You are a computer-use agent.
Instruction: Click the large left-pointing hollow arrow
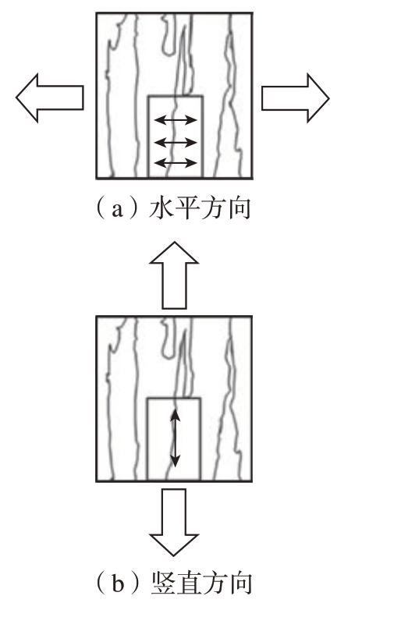[49, 98]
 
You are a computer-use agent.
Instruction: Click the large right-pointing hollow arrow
[295, 98]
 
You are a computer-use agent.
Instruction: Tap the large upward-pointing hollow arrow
[174, 275]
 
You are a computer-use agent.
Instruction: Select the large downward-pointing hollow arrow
[174, 522]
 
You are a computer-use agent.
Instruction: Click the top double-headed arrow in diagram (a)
[175, 119]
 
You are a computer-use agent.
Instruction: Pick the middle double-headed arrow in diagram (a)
[175, 142]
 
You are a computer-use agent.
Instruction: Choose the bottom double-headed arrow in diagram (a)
[175, 162]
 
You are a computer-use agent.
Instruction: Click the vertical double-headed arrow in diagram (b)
[175, 438]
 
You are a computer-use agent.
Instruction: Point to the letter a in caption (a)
[117, 211]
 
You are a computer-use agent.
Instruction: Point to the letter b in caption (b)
[118, 584]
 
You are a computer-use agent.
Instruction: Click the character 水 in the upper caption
[161, 208]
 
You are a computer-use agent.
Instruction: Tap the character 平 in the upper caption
[187, 208]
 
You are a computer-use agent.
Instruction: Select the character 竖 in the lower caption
[163, 583]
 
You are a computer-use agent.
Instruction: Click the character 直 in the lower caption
[189, 583]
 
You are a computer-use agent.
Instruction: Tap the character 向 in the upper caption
[239, 208]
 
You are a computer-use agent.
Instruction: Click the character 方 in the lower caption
[214, 583]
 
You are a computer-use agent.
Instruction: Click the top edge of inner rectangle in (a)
[176, 96]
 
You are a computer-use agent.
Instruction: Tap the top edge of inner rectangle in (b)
[174, 399]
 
